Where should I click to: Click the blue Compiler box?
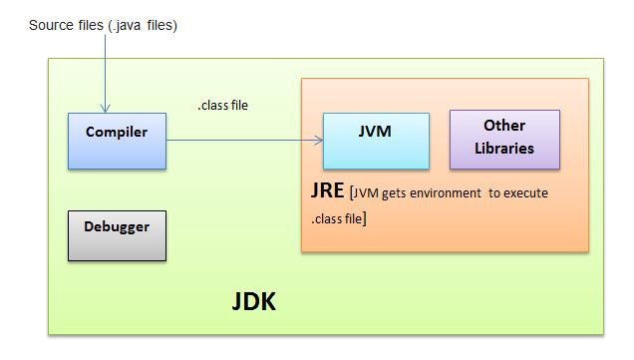117,141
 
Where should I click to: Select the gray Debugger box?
117,235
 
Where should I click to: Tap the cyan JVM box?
376,141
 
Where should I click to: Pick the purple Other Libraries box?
504,139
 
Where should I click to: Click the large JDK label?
253,302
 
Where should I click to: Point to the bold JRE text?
328,190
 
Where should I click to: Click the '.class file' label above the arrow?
222,106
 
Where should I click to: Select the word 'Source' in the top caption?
52,25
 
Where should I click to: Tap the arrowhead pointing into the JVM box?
320,140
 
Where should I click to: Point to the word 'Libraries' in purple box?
504,149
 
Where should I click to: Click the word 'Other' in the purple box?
504,126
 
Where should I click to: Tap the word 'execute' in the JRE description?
526,192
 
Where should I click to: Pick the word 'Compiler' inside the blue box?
117,132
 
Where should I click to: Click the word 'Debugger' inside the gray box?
117,226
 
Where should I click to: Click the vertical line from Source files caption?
105,70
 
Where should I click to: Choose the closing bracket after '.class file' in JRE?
364,217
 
